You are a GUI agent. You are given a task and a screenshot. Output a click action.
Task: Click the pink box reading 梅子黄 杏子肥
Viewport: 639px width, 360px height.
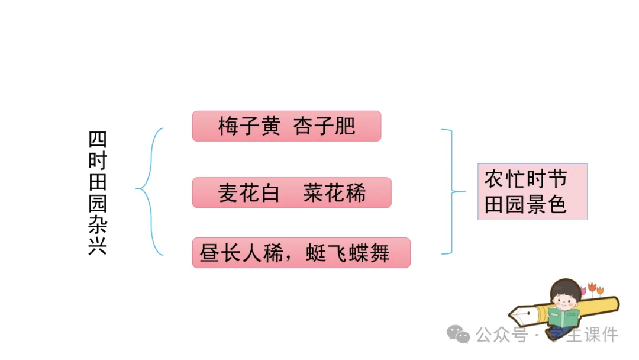coord(286,126)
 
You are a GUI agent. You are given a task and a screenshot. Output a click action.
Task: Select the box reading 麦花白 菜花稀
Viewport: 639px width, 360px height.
coord(292,192)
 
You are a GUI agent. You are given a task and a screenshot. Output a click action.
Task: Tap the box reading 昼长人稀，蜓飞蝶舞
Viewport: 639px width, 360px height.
coord(301,253)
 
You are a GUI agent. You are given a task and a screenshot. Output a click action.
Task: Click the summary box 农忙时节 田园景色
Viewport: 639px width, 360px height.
coord(532,192)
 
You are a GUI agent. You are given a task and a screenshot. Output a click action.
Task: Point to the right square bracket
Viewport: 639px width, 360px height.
coord(453,191)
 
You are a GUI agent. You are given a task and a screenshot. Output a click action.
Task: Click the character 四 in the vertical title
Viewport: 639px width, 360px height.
coord(98,140)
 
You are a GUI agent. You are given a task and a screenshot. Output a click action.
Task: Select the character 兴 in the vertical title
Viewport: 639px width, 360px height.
coord(98,245)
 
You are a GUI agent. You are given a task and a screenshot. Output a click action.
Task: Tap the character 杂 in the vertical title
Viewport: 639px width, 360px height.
coord(98,224)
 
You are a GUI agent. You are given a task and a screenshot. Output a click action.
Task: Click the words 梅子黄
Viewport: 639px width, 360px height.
coord(248,127)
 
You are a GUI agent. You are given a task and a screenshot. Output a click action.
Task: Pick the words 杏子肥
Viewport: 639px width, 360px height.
coord(324,127)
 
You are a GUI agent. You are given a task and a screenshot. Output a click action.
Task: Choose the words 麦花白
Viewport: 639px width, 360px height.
coord(248,193)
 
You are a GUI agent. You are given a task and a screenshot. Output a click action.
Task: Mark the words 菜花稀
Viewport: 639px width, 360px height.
coord(335,193)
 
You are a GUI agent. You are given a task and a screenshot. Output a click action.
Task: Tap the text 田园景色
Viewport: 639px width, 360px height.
coord(525,204)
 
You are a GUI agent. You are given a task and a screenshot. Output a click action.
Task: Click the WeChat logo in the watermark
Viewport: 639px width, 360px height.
coord(459,335)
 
